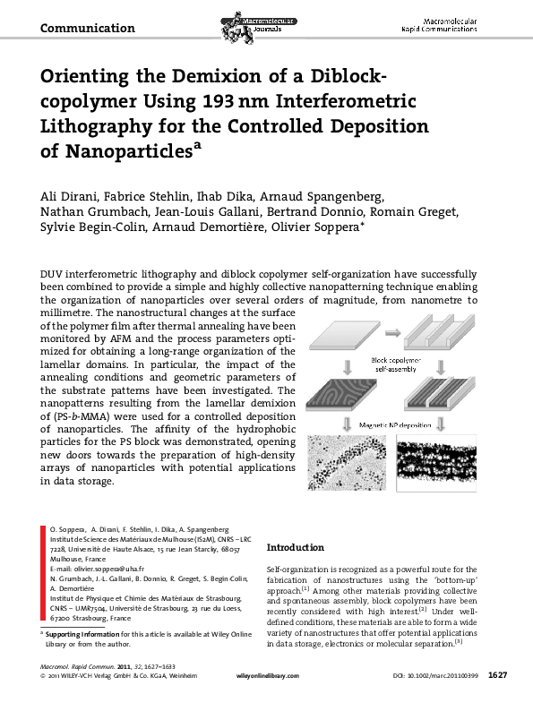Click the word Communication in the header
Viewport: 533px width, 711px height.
tap(88, 28)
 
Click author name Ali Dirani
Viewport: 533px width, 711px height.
tap(70, 196)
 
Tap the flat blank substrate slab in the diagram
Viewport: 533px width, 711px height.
tap(345, 339)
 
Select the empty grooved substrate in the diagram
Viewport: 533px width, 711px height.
tap(440, 338)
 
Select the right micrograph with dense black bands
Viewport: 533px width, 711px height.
tap(441, 460)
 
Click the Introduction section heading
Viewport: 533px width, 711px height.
tap(296, 547)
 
